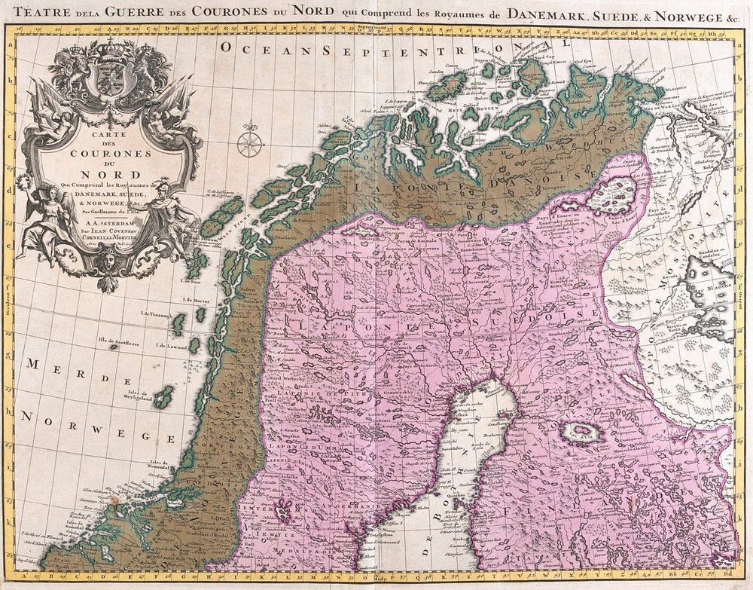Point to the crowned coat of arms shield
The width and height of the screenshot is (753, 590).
tap(111, 76)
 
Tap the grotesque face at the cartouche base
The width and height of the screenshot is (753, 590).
tap(110, 261)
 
